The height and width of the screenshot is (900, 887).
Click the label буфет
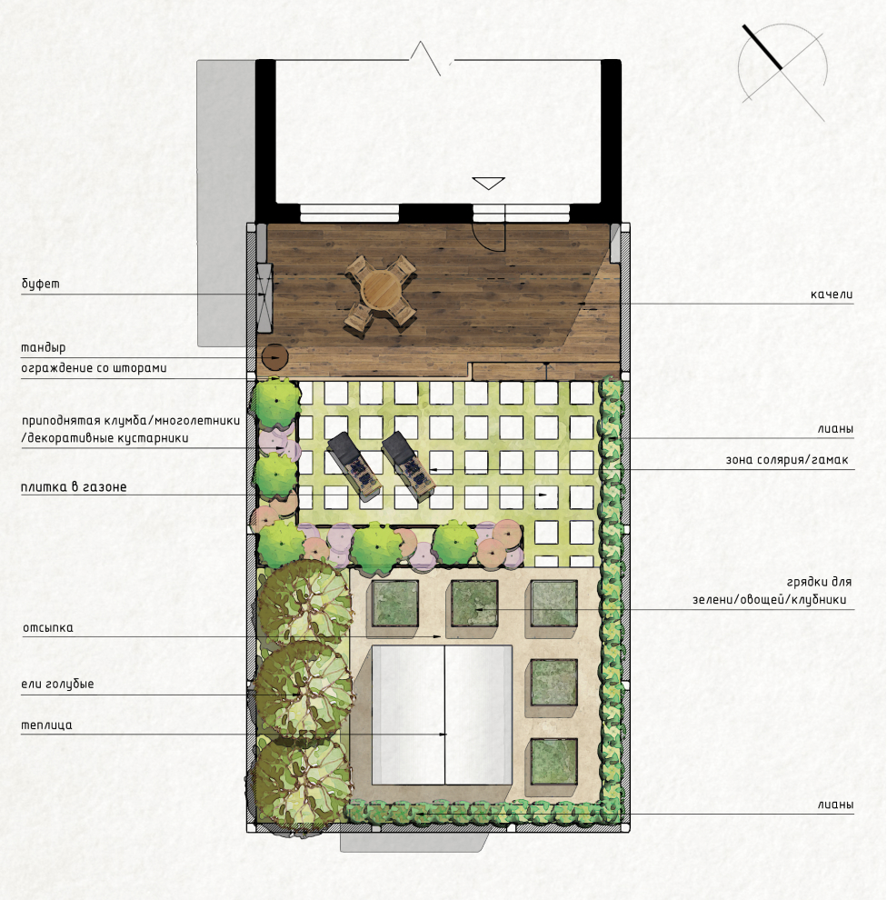pyautogui.click(x=40, y=285)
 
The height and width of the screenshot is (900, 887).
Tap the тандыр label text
pyautogui.click(x=44, y=348)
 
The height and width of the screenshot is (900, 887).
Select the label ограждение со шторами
pyautogui.click(x=95, y=368)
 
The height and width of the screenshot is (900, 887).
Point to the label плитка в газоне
pyautogui.click(x=74, y=487)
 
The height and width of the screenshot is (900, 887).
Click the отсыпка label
pyautogui.click(x=48, y=628)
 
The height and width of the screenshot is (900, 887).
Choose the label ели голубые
pyautogui.click(x=57, y=685)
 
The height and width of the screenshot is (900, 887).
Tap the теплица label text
pyautogui.click(x=46, y=725)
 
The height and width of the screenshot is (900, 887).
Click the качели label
pyautogui.click(x=832, y=295)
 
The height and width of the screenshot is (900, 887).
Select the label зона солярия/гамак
pyautogui.click(x=787, y=460)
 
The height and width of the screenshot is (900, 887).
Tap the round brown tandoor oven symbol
pyautogui.click(x=274, y=357)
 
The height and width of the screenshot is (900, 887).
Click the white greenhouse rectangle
pyautogui.click(x=442, y=715)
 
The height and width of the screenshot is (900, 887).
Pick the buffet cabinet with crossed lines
pyautogui.click(x=264, y=297)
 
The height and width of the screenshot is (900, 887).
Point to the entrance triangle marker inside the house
pyautogui.click(x=488, y=184)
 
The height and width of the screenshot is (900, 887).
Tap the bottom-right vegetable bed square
pyautogui.click(x=553, y=762)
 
